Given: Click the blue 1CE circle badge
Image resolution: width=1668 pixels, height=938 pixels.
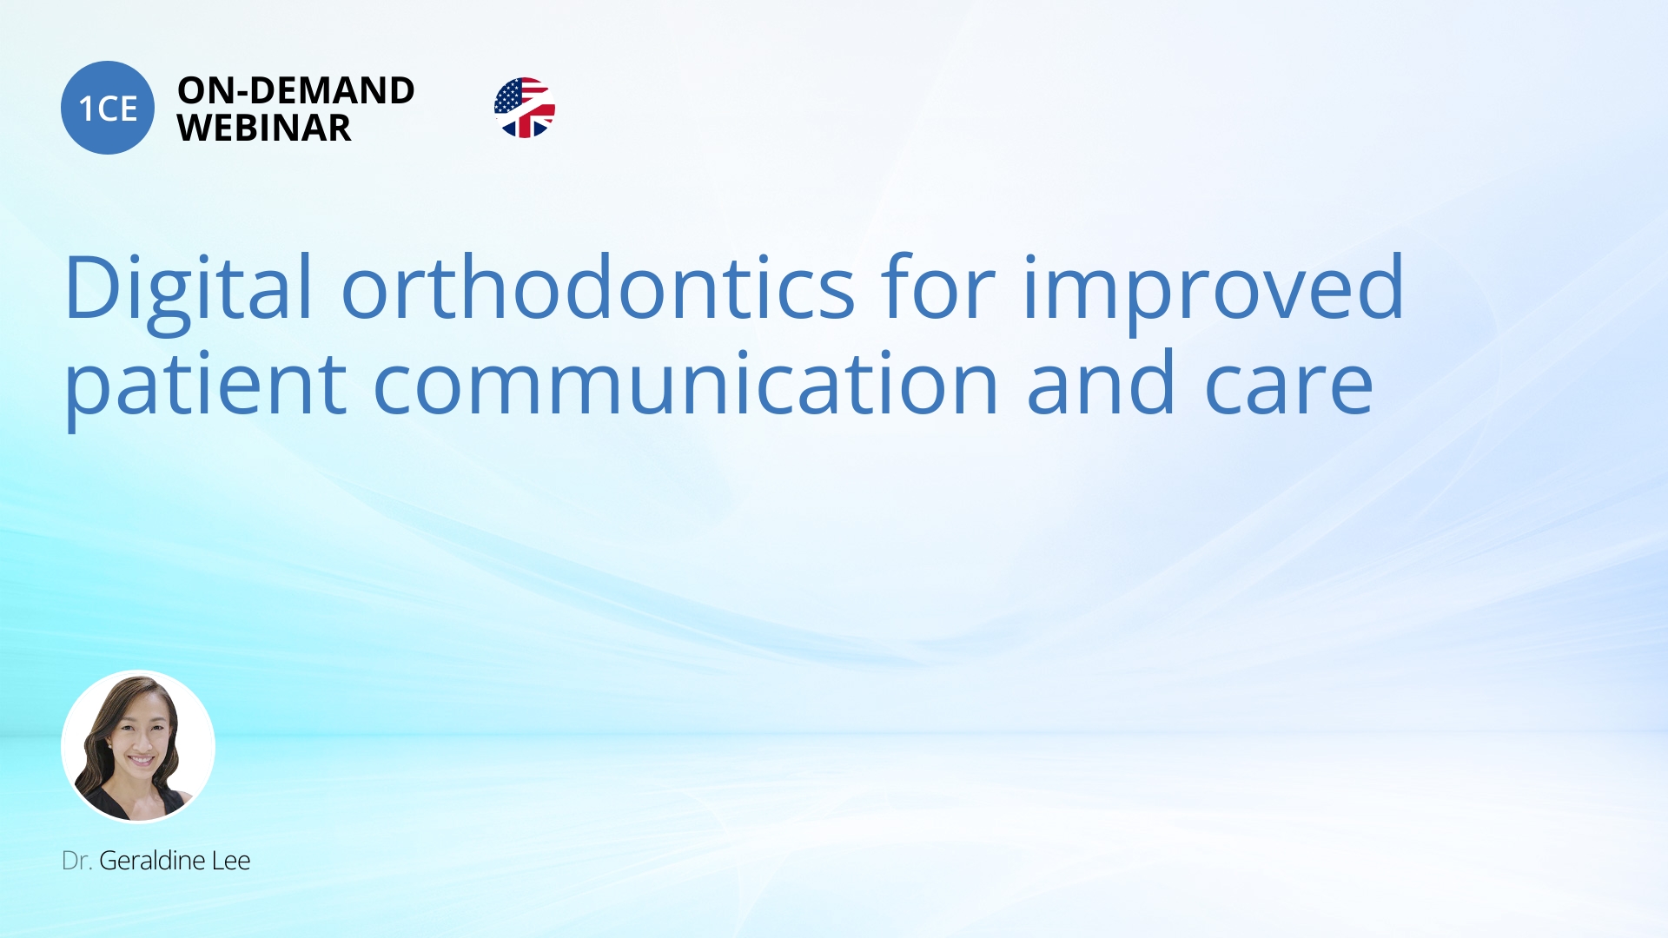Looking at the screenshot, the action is (x=108, y=108).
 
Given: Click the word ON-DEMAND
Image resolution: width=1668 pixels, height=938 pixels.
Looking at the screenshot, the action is (x=295, y=90).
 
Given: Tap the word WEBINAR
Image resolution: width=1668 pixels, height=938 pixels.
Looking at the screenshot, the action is (x=264, y=128).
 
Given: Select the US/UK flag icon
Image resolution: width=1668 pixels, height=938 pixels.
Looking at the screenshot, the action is (x=525, y=108).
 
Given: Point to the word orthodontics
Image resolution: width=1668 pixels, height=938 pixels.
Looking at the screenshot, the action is (x=599, y=287).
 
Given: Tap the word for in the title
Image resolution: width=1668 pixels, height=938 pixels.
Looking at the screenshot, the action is (x=938, y=287).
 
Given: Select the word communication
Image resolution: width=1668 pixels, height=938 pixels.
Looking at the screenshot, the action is (x=686, y=383).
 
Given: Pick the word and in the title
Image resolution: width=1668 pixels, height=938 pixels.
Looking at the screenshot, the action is (x=1102, y=383).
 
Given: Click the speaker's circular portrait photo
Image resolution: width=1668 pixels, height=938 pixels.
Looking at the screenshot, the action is (x=138, y=747).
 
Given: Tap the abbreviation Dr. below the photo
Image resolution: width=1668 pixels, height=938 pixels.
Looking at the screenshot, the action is (x=76, y=861).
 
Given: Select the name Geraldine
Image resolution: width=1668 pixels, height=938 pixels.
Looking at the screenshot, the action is (x=152, y=861).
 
